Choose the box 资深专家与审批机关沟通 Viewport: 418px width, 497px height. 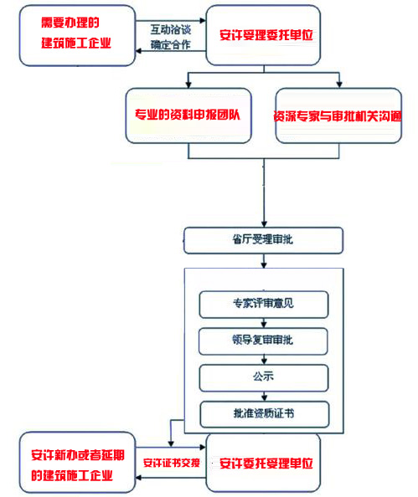click(x=337, y=117)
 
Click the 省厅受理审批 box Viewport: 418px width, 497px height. click(x=264, y=240)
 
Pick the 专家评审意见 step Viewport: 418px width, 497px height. click(x=263, y=303)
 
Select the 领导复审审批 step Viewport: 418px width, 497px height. click(x=263, y=341)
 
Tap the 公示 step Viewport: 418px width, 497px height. click(x=263, y=377)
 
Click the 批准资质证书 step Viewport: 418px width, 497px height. click(x=263, y=413)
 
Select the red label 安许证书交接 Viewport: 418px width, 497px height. click(x=172, y=462)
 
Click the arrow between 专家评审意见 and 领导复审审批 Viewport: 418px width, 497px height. click(x=263, y=322)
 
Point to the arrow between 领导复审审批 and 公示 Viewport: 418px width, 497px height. click(x=263, y=359)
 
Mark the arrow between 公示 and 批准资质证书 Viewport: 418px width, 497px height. click(x=263, y=395)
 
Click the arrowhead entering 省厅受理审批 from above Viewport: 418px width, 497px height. click(x=263, y=223)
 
